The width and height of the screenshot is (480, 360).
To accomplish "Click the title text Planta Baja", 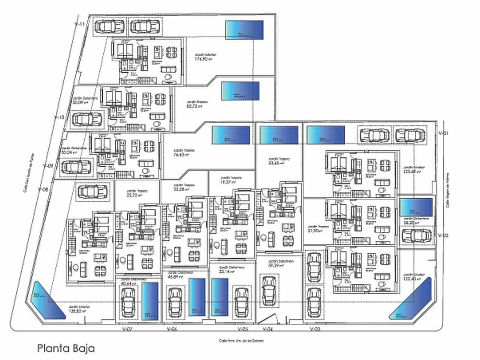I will click(x=66, y=348).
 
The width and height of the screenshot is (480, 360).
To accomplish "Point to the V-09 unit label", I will click(x=48, y=165).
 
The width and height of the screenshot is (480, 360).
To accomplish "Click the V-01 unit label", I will click(x=444, y=133).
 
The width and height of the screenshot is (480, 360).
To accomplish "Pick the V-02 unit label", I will click(x=444, y=236).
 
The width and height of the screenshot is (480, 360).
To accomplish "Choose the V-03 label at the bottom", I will click(x=315, y=329).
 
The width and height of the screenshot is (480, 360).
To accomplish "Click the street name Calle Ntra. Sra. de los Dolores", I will click(x=241, y=341).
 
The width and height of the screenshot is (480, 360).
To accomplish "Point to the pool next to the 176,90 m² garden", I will click(x=244, y=30).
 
